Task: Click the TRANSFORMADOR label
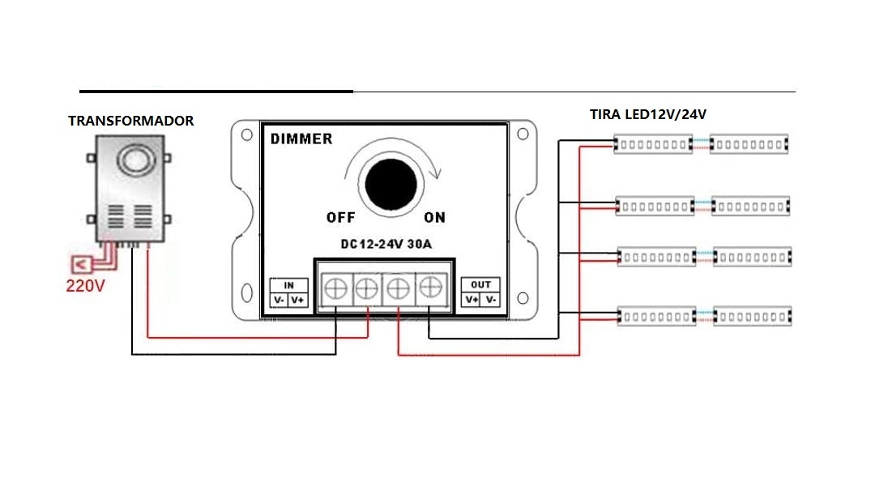coord(130,121)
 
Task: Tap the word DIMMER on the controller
coord(301,139)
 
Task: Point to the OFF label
coord(340,217)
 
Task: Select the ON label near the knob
coord(435,217)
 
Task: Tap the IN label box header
coord(288,285)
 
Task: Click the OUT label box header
coord(480,285)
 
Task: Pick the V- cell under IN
coord(279,301)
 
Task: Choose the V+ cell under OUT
coord(472,300)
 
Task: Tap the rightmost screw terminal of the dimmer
coord(429,287)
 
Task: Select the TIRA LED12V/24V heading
coord(648,114)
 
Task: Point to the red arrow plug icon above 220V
coord(80,264)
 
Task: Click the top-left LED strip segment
coord(653,144)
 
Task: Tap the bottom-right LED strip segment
coord(751,315)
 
